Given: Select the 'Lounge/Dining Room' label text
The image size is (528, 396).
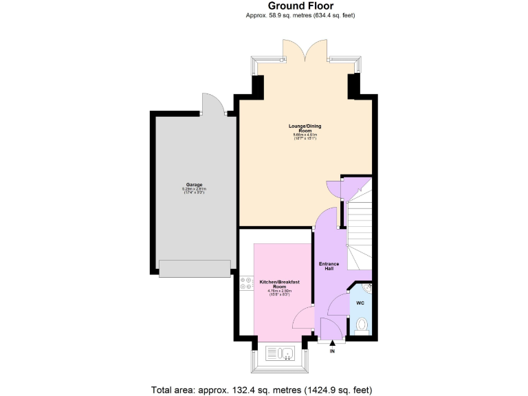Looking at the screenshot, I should point(305,128).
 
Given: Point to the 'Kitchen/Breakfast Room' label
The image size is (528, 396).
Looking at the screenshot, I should point(279,284).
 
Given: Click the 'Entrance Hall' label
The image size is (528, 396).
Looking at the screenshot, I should point(329,265).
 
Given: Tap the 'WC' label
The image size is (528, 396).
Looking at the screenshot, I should point(360,302).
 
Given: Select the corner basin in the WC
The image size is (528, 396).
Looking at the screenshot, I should point(366,288).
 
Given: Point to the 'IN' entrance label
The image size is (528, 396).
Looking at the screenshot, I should point(333,351).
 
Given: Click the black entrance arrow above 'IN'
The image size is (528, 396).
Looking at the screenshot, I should point(333,342).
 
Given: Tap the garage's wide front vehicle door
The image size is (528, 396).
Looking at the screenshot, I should point(195,268).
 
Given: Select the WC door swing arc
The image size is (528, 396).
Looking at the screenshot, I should point(340,306).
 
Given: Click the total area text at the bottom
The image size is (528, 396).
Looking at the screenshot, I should point(261,389).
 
